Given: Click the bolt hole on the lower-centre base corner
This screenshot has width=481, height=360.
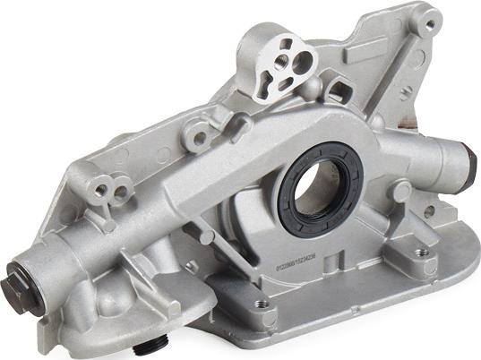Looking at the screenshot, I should click(262, 304).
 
